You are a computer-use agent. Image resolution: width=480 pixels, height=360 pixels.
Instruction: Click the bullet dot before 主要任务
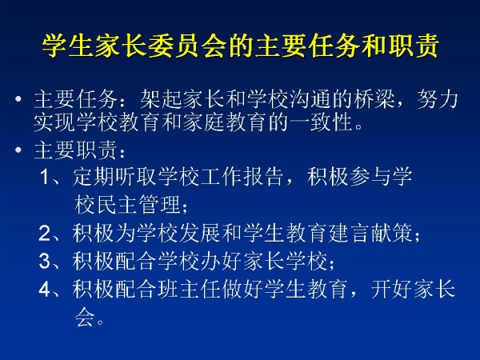(18, 99)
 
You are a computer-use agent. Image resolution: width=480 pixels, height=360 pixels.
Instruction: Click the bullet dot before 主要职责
(18, 150)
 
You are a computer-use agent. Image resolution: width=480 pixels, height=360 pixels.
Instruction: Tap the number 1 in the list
(45, 177)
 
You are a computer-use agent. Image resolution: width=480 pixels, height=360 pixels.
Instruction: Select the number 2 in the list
(45, 234)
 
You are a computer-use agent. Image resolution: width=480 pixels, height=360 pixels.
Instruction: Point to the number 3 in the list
(45, 261)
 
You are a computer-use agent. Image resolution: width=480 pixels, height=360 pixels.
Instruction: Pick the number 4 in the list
(45, 288)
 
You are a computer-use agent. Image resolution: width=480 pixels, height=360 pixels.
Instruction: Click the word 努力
(438, 99)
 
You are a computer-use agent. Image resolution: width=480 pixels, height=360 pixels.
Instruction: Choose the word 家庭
(204, 122)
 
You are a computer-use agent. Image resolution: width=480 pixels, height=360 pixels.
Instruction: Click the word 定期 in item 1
(94, 177)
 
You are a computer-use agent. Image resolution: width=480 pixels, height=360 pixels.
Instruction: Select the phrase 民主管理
(138, 205)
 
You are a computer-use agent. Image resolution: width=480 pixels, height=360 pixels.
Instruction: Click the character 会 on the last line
(85, 317)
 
